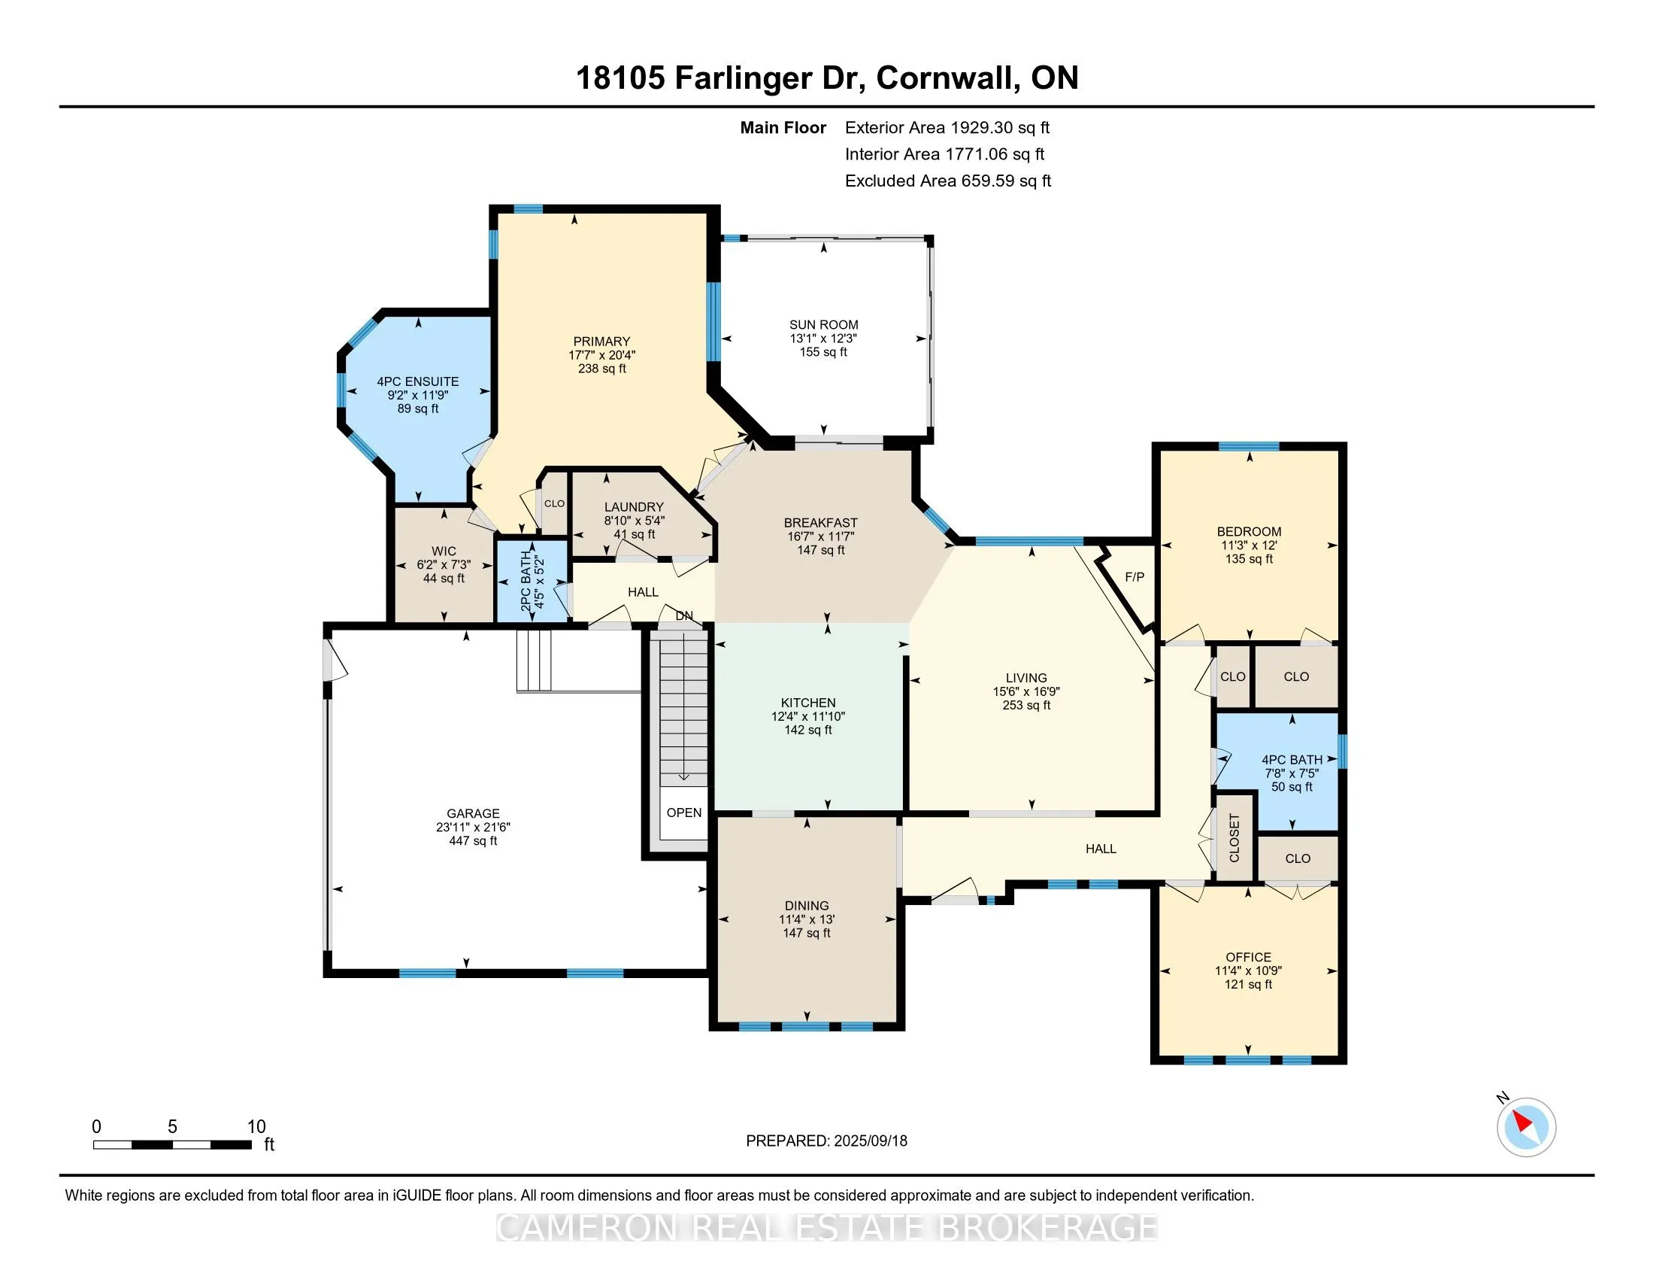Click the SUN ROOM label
[x=823, y=325]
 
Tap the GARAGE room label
[x=473, y=814]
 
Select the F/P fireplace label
[x=1134, y=577]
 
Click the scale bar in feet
[x=173, y=1145]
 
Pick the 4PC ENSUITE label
[x=418, y=382]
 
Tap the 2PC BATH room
[x=532, y=579]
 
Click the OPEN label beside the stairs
[x=684, y=813]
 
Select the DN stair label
[x=684, y=616]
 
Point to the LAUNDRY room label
[x=634, y=507]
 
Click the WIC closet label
[x=444, y=551]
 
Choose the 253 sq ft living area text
[x=1026, y=706]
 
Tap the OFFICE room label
[x=1248, y=957]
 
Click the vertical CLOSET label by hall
[x=1234, y=838]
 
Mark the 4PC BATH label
[x=1292, y=760]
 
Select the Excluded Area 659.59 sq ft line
[x=948, y=181]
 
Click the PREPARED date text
[x=826, y=1141]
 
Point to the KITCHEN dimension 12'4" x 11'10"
[x=808, y=717]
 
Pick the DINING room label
[x=807, y=905]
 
